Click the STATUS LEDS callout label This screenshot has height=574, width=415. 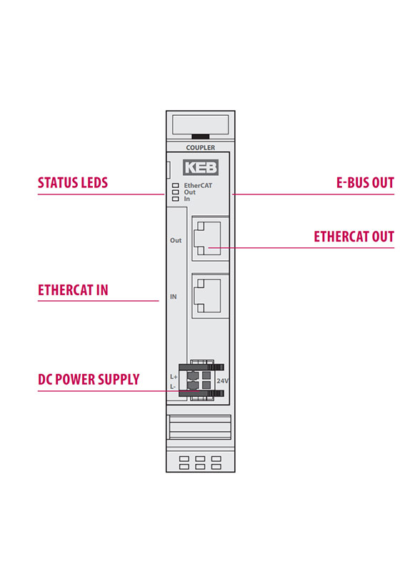(x=73, y=183)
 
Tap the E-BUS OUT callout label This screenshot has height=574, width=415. (x=365, y=183)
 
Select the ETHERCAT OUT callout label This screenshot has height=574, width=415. (x=354, y=237)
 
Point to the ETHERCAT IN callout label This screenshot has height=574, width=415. (x=73, y=290)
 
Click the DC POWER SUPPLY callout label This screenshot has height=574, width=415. (x=89, y=380)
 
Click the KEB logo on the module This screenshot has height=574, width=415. (x=201, y=168)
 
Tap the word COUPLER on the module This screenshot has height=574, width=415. (x=201, y=147)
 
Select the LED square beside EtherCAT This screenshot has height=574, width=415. (x=176, y=186)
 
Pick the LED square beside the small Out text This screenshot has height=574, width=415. (x=176, y=192)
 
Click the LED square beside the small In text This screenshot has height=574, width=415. (x=176, y=199)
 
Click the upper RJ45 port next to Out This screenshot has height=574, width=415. (x=207, y=238)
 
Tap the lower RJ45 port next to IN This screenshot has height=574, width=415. (x=207, y=296)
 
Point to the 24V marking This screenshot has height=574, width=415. (x=222, y=381)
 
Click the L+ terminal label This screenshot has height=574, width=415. (x=174, y=377)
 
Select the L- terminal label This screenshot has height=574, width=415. (x=173, y=387)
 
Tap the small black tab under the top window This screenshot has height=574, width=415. (x=201, y=137)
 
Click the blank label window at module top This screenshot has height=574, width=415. (x=201, y=125)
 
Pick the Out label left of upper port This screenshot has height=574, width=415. (x=176, y=240)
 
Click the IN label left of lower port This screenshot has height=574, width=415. (x=174, y=297)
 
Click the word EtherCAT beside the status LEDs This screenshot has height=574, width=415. (x=198, y=186)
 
